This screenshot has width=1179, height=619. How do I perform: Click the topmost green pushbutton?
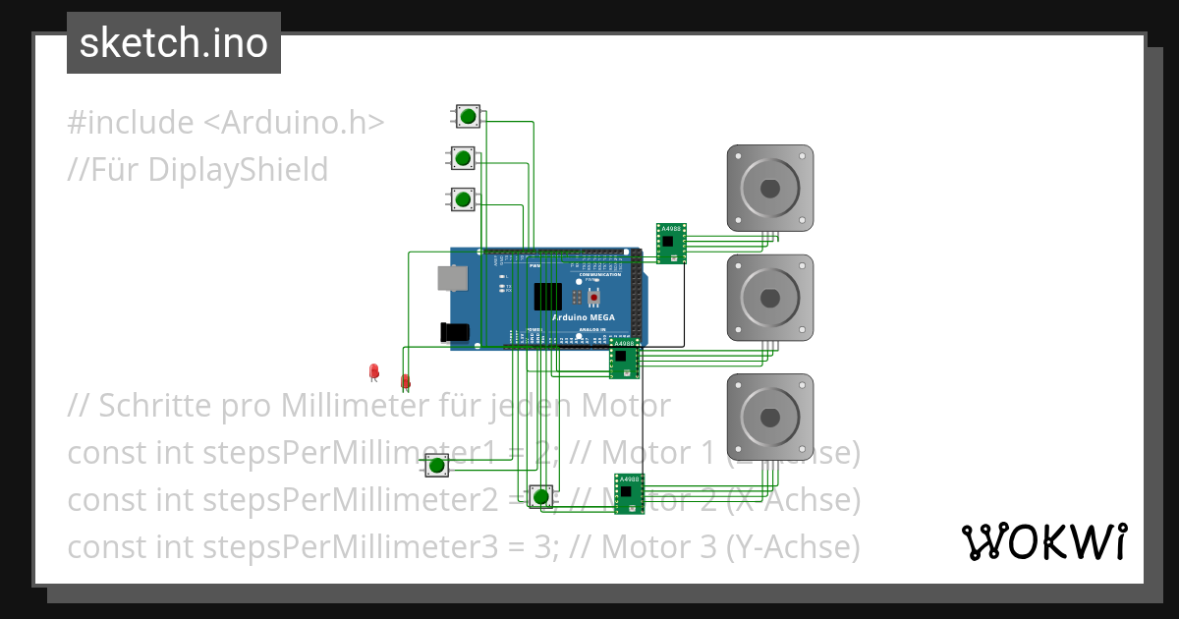[x=468, y=117]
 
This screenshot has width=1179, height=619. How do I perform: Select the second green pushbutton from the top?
[x=462, y=157]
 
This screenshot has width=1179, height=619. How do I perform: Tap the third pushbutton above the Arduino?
[x=462, y=199]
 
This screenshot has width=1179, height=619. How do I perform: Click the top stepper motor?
[x=769, y=189]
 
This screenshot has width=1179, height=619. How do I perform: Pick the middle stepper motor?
[x=769, y=298]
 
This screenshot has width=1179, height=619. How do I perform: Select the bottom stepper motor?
[x=769, y=417]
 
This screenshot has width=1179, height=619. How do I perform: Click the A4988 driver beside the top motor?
[x=671, y=243]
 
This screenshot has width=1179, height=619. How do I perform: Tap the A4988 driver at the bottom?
[x=629, y=492]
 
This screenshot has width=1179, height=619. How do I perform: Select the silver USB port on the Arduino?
[x=452, y=280]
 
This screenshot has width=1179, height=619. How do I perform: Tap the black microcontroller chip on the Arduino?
[x=548, y=296]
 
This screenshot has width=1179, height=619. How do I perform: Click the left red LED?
[x=373, y=371]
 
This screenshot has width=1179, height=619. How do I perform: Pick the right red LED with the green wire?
[x=405, y=381]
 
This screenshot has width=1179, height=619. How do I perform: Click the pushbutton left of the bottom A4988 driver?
[x=539, y=496]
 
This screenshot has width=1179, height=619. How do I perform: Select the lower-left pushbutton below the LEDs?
[x=435, y=465]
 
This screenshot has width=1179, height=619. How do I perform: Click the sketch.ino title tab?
[x=174, y=43]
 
